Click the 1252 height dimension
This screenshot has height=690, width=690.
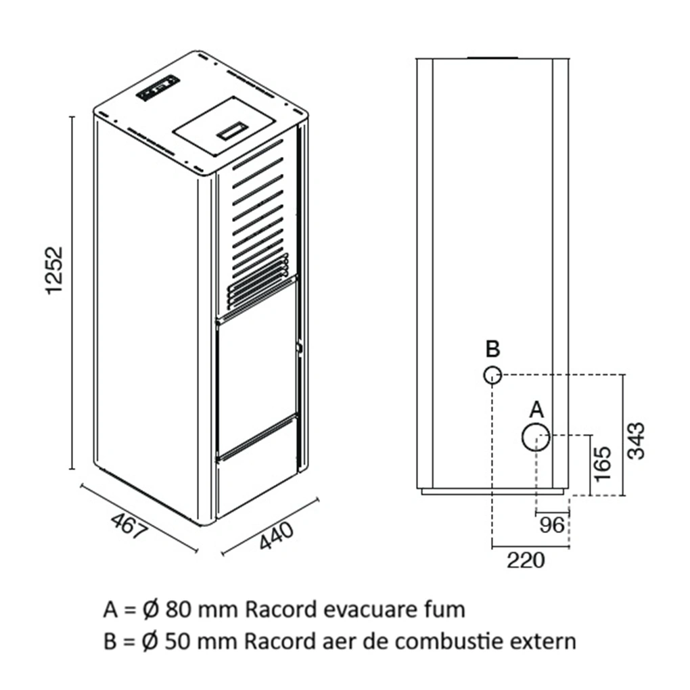55,270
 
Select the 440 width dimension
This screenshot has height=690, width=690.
276,536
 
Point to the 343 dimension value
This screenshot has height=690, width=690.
636,440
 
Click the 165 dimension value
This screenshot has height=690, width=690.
602,464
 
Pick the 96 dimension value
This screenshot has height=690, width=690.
551,524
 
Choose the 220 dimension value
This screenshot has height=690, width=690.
526,560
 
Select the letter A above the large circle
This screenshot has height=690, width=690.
536,410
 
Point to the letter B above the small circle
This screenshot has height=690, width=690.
493,348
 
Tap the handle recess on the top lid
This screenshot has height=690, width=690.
231,131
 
